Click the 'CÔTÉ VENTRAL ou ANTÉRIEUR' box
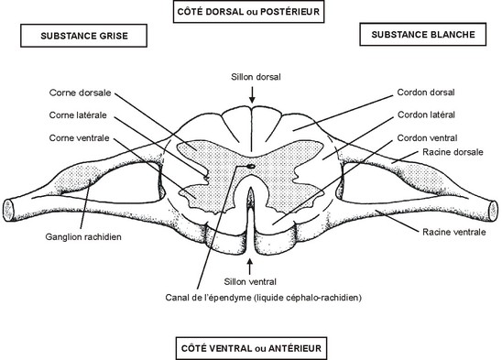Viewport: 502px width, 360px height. pos(249,348)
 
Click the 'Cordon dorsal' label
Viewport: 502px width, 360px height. pos(427,93)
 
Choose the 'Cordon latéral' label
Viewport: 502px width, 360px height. pos(427,115)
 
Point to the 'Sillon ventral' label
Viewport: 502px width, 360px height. pos(250,282)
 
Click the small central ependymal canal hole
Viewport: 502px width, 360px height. pos(251,167)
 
